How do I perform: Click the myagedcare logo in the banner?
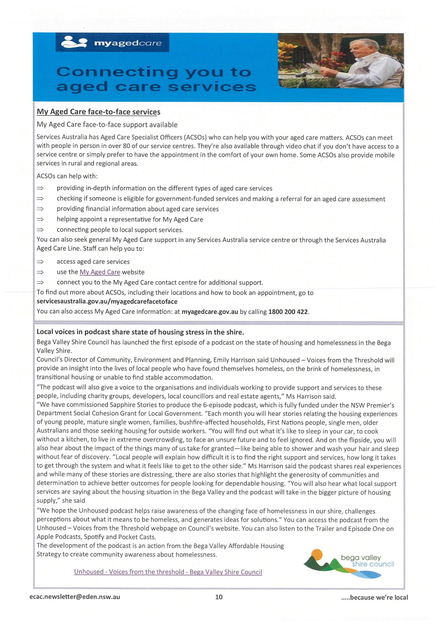[112, 43]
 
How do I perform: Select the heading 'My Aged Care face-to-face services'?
[98, 112]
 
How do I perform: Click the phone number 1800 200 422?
[288, 312]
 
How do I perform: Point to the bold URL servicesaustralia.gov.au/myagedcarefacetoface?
[107, 301]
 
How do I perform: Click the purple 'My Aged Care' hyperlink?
[100, 272]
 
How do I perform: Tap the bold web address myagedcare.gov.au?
[210, 312]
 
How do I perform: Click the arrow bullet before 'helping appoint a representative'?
[40, 219]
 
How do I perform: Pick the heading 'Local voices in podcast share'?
[140, 332]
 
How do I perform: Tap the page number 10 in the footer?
[219, 597]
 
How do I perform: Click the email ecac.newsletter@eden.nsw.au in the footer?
[75, 597]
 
